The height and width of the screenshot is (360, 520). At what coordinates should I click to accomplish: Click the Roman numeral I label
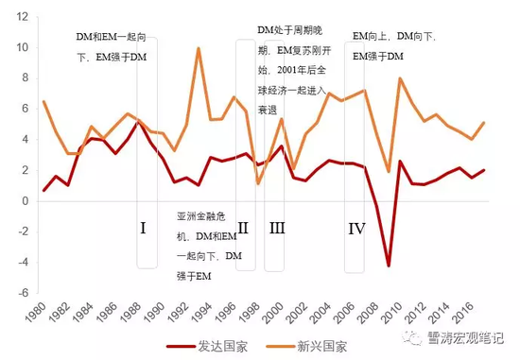[x=143, y=227]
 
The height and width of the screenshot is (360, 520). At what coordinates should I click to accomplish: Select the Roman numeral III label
[x=277, y=227]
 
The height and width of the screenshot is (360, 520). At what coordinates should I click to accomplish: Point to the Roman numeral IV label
[x=356, y=227]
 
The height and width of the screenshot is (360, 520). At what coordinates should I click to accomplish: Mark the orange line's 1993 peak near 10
[x=199, y=48]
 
